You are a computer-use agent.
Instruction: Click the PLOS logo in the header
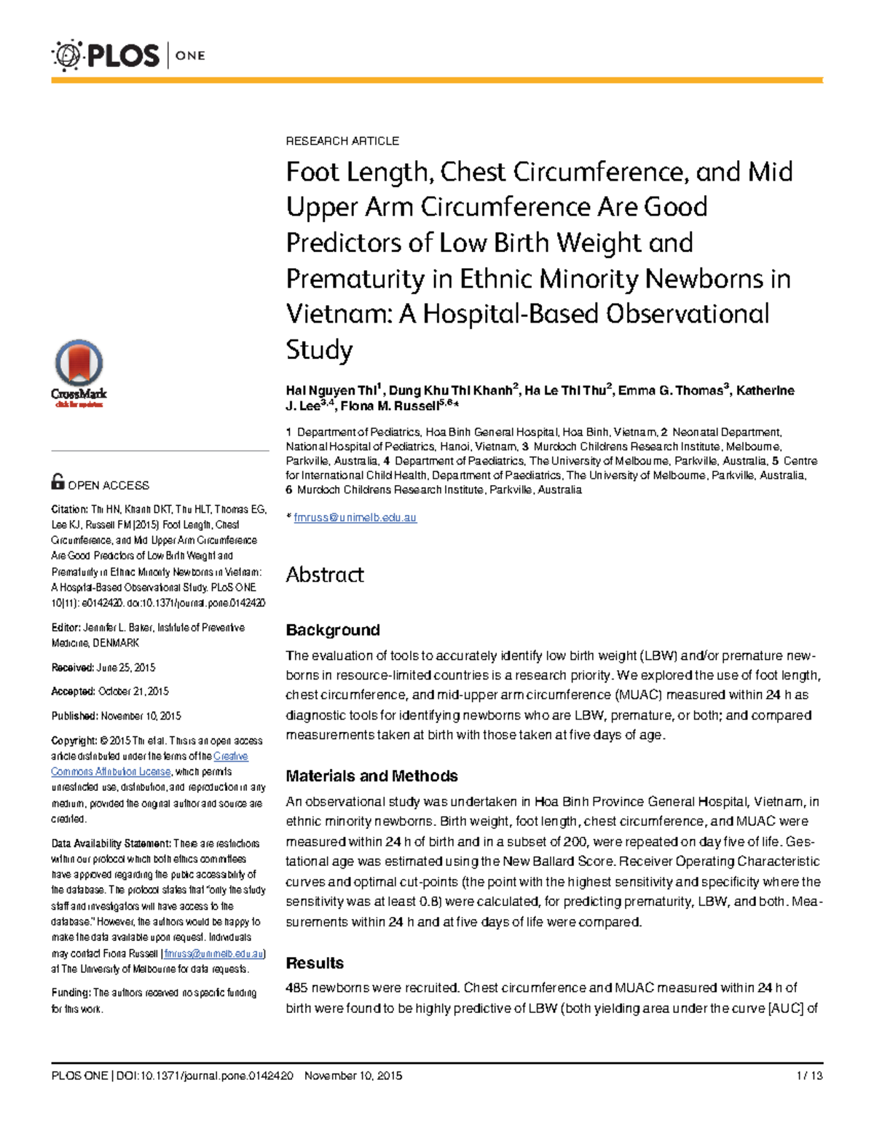click(x=106, y=56)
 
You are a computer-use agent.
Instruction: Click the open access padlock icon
click(x=58, y=481)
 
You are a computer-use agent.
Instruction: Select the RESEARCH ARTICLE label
click(x=342, y=141)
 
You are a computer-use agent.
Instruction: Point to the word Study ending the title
click(x=319, y=350)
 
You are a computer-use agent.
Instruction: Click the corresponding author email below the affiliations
click(x=355, y=518)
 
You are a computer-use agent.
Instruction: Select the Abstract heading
click(x=325, y=575)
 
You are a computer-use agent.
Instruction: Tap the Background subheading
click(x=333, y=630)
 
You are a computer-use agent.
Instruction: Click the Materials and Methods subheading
click(x=371, y=776)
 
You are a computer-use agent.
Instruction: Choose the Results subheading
click(x=315, y=963)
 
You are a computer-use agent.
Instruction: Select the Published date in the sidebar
click(x=141, y=716)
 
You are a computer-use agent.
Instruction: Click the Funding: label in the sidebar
click(x=71, y=993)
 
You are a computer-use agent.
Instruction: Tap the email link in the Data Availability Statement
click(x=213, y=953)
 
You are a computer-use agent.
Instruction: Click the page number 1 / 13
click(x=809, y=1076)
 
